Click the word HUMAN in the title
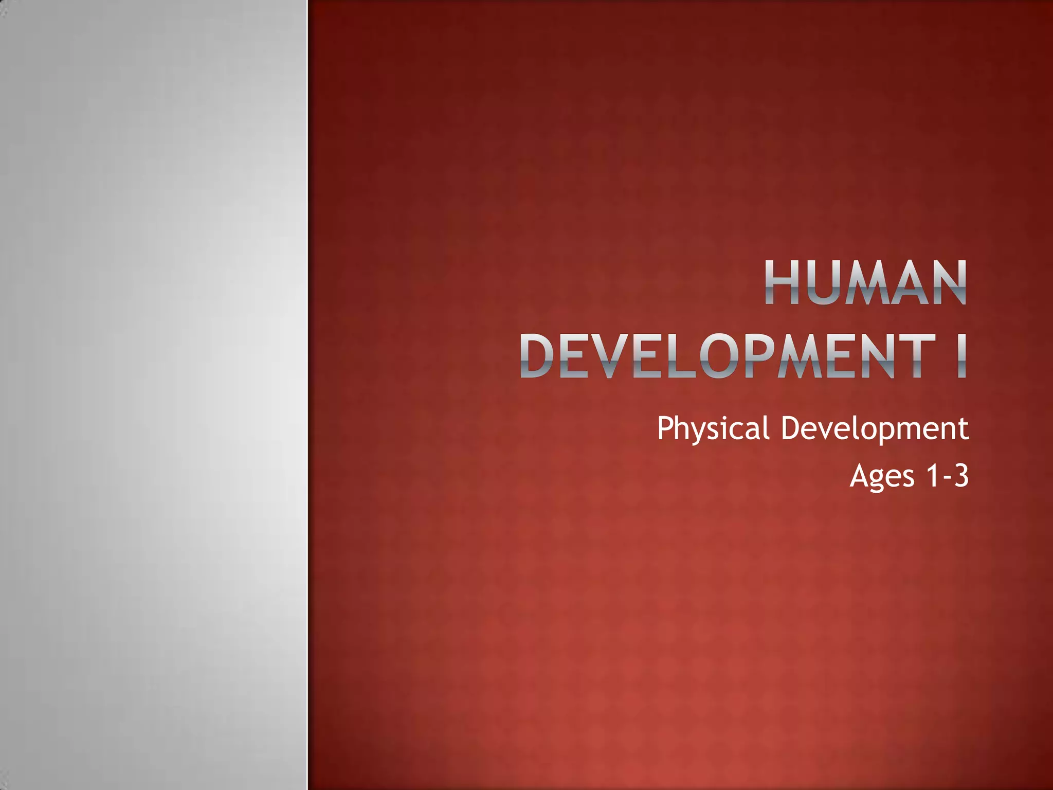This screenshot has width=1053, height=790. pos(865,283)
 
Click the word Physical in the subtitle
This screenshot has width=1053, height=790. pos(713,428)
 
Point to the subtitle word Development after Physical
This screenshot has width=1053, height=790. pos(875,428)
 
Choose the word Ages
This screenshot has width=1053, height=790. pos(881,476)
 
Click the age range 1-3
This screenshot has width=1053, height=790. pos(947,475)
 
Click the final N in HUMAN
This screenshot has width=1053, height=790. pos(948,283)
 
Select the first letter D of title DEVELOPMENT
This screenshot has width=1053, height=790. pos(537,356)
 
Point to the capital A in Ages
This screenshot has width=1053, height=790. pos(859,475)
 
